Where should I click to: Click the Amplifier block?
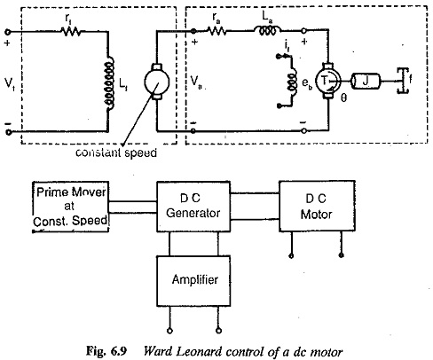point(193,280)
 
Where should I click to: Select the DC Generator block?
point(193,207)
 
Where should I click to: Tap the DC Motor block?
point(317,206)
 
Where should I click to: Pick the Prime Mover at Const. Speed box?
point(70,207)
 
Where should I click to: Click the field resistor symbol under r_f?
point(71,31)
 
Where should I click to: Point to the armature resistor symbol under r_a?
point(216,30)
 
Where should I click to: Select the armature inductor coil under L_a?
point(268,30)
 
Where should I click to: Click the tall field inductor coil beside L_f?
point(109,83)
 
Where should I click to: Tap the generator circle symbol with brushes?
point(157,82)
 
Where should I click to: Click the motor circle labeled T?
point(327,81)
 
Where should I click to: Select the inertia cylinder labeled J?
point(366,81)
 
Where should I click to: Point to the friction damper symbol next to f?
point(402,81)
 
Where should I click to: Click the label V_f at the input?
point(10,83)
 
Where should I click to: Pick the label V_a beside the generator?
point(196,82)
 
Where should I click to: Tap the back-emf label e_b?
point(307,83)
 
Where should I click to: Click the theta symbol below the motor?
point(343,98)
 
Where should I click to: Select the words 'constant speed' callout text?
point(116,153)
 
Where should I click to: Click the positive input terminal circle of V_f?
point(8,32)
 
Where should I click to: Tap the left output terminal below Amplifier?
point(169,331)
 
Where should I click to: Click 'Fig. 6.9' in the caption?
point(106,351)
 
